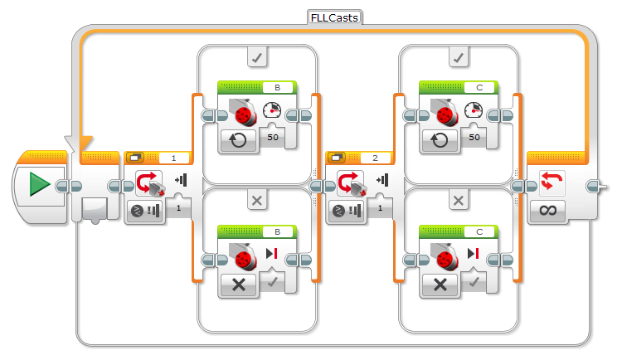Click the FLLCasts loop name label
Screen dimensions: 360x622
(x=334, y=16)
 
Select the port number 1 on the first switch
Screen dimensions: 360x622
(x=173, y=157)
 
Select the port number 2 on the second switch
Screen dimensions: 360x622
(x=375, y=157)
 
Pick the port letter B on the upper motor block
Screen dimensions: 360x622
(x=277, y=86)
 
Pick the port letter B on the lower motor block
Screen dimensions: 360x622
(x=277, y=231)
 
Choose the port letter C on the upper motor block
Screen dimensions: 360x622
(x=479, y=86)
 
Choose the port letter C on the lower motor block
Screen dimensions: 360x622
(x=479, y=231)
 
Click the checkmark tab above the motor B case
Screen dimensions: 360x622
(x=257, y=57)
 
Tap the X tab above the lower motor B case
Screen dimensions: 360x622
(x=257, y=200)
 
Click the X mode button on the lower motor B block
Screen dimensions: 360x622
(x=238, y=284)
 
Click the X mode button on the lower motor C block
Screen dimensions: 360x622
(x=440, y=284)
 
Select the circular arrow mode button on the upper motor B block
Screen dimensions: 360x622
(x=238, y=139)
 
